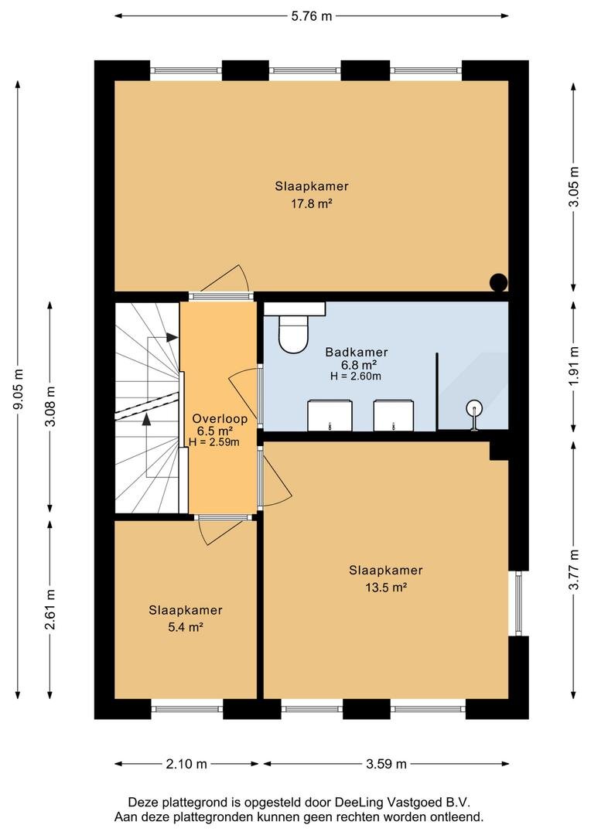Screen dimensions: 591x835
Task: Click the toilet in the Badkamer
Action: click(x=294, y=334)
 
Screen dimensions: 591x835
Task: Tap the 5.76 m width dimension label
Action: click(x=312, y=16)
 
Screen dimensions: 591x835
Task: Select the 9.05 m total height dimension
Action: click(x=18, y=389)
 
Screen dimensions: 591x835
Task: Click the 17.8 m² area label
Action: click(x=312, y=203)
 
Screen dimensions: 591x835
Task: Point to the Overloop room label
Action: click(x=220, y=418)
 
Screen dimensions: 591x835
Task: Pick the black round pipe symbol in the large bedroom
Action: click(x=499, y=281)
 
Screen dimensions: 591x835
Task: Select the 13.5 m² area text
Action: click(x=386, y=588)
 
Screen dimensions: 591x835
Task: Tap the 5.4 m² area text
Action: click(x=186, y=627)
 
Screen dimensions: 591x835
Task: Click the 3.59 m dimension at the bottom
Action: click(x=386, y=764)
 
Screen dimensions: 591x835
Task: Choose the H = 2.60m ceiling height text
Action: click(x=356, y=376)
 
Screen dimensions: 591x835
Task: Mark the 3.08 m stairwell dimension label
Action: click(x=50, y=406)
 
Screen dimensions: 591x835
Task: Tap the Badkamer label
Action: click(x=357, y=352)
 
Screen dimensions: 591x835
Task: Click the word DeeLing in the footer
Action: click(x=354, y=803)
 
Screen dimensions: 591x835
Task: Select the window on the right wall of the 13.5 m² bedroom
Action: click(x=519, y=603)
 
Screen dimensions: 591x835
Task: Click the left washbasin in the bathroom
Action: click(x=330, y=415)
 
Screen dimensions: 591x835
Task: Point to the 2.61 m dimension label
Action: click(x=50, y=609)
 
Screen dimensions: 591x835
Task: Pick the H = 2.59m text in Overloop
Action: click(x=214, y=441)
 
